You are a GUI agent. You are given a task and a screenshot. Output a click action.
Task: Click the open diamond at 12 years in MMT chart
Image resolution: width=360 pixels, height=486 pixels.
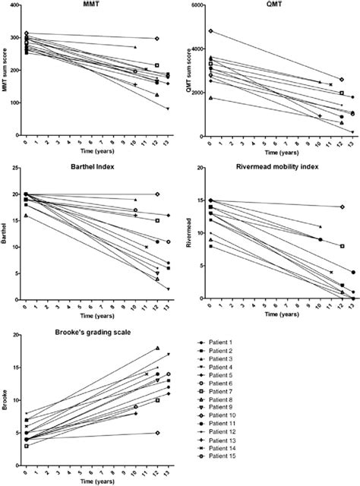click(156, 38)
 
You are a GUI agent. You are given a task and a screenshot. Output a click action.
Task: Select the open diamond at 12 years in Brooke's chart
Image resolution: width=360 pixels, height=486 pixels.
click(156, 433)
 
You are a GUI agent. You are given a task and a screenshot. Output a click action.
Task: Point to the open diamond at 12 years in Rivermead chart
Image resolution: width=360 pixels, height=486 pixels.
click(342, 207)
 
